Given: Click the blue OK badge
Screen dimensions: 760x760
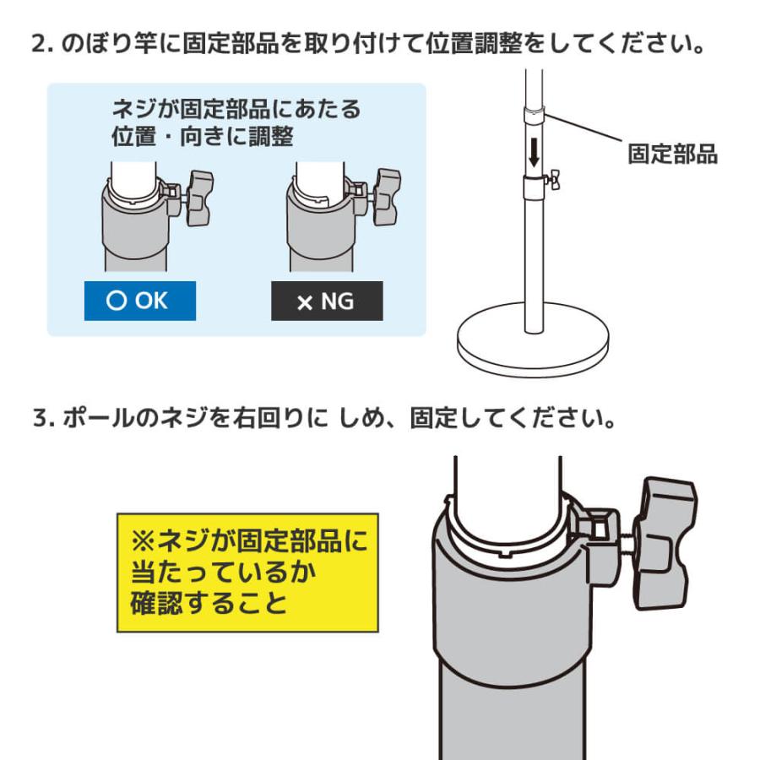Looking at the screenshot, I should pos(139,301).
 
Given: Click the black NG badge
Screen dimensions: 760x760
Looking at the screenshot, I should pos(326,301).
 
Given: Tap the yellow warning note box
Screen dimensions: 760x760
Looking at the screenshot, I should pos(247,572).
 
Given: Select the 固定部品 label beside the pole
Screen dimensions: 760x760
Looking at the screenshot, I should pos(672,154).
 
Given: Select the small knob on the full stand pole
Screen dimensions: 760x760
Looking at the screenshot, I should pos(552,178).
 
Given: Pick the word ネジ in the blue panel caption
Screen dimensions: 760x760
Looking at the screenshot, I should pos(133,110).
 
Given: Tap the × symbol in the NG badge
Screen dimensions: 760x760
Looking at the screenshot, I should pos(305,302).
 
